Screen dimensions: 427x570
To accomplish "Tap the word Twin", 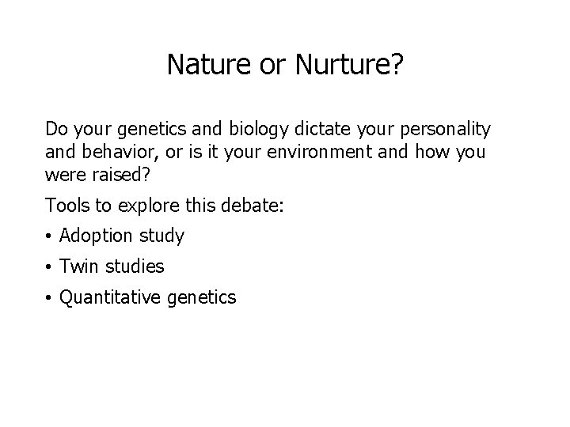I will (77, 267).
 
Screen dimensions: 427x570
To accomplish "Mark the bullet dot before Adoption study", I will (49, 236).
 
